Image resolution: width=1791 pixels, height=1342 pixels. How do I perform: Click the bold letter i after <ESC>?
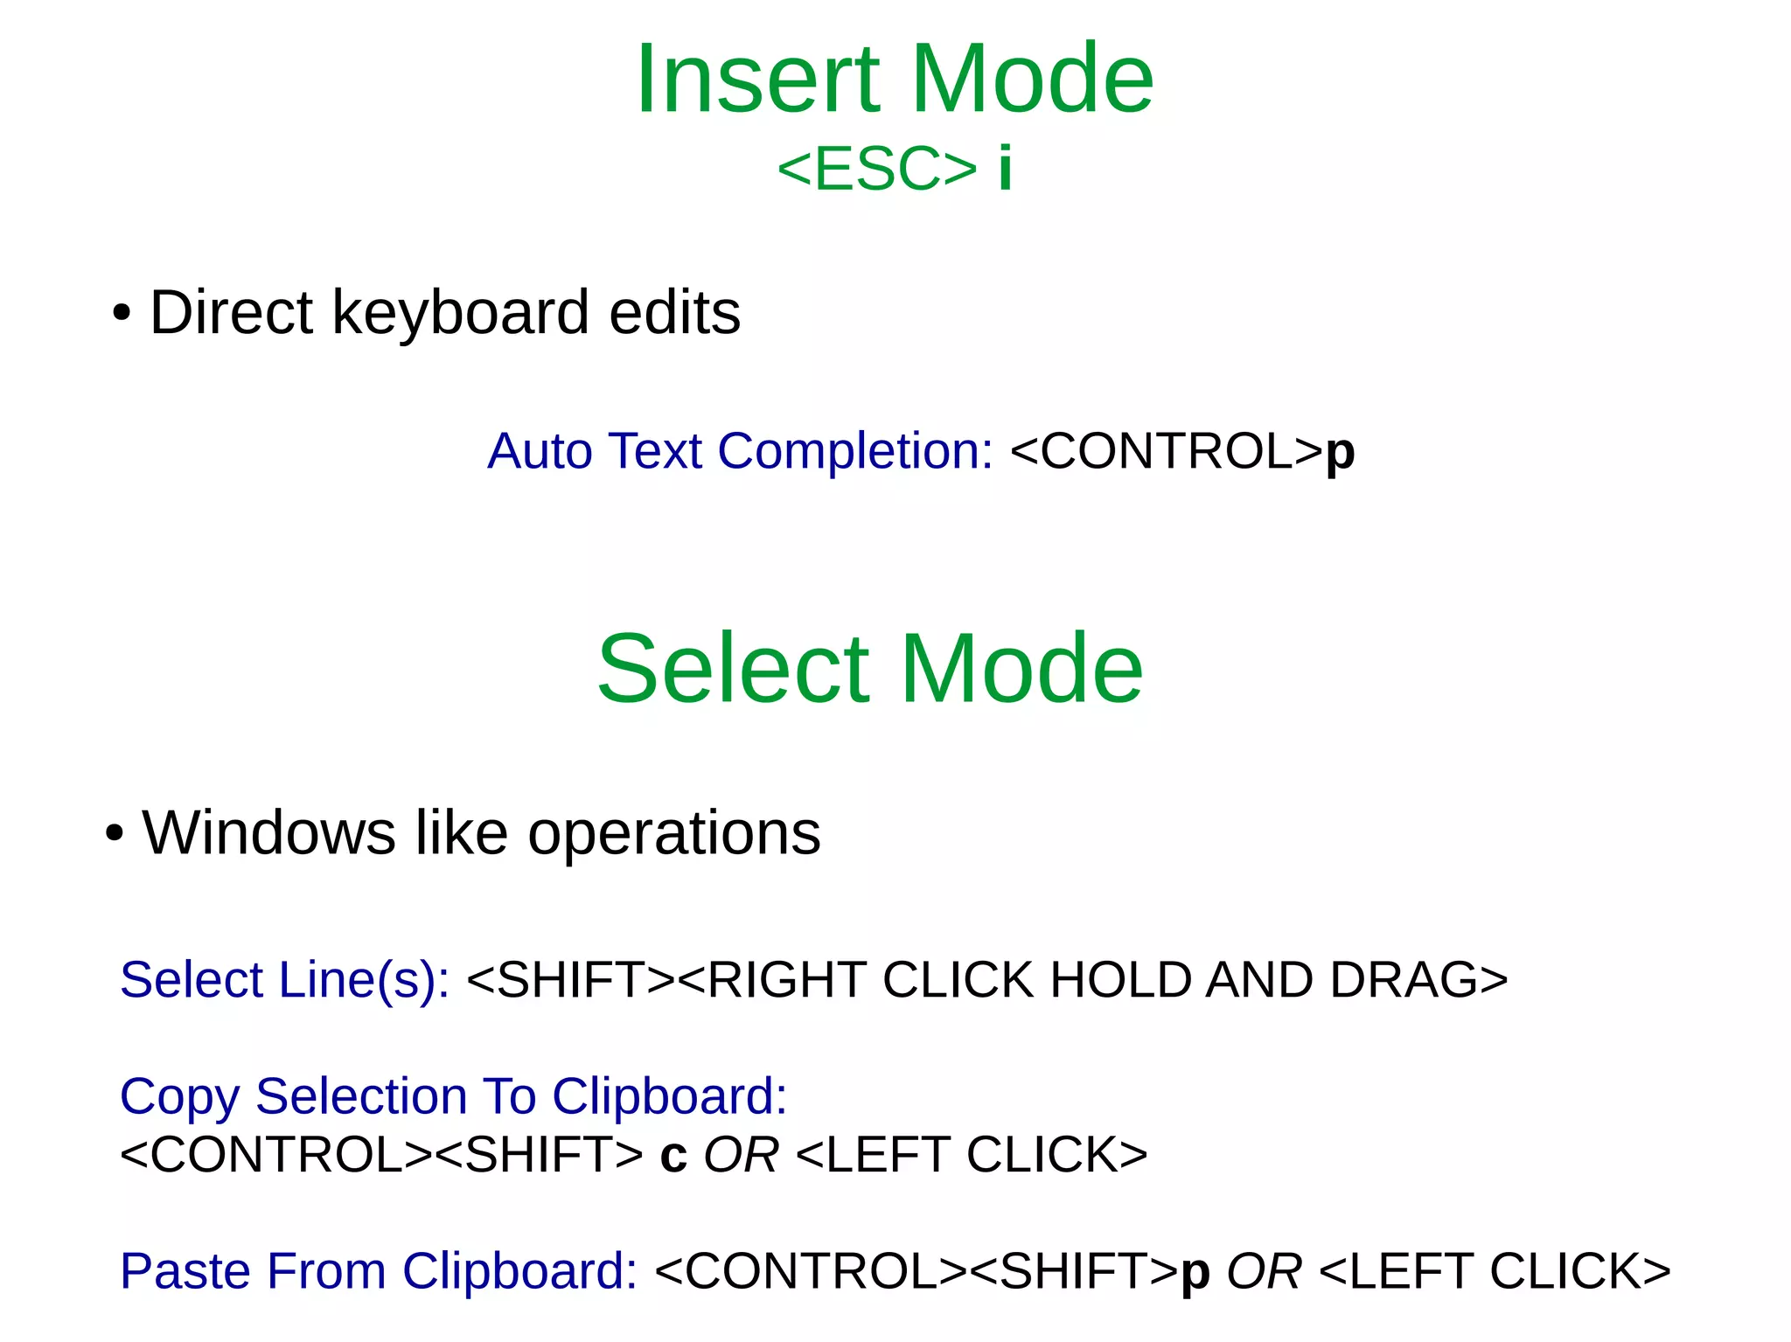tap(1006, 168)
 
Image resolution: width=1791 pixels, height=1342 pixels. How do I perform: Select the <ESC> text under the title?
tap(876, 169)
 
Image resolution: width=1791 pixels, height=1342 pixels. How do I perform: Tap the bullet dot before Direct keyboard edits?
tap(122, 314)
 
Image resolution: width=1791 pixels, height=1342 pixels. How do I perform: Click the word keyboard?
tap(460, 312)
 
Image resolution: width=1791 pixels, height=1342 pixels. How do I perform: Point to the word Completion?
tap(855, 451)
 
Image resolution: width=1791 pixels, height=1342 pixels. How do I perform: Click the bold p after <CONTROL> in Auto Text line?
tap(1340, 454)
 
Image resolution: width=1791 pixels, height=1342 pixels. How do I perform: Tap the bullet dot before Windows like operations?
tap(114, 833)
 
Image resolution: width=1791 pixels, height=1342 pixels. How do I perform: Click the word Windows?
tap(268, 832)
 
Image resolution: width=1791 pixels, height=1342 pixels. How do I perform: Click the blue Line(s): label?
tap(364, 979)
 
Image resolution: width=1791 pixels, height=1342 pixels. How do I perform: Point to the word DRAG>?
tap(1418, 979)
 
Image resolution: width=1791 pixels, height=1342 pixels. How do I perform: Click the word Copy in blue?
tap(179, 1097)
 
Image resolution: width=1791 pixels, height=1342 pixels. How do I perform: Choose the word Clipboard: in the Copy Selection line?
tap(669, 1096)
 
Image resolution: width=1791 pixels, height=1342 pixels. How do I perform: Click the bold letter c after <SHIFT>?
tap(673, 1156)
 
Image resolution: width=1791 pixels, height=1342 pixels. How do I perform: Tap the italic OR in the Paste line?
tap(1264, 1271)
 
